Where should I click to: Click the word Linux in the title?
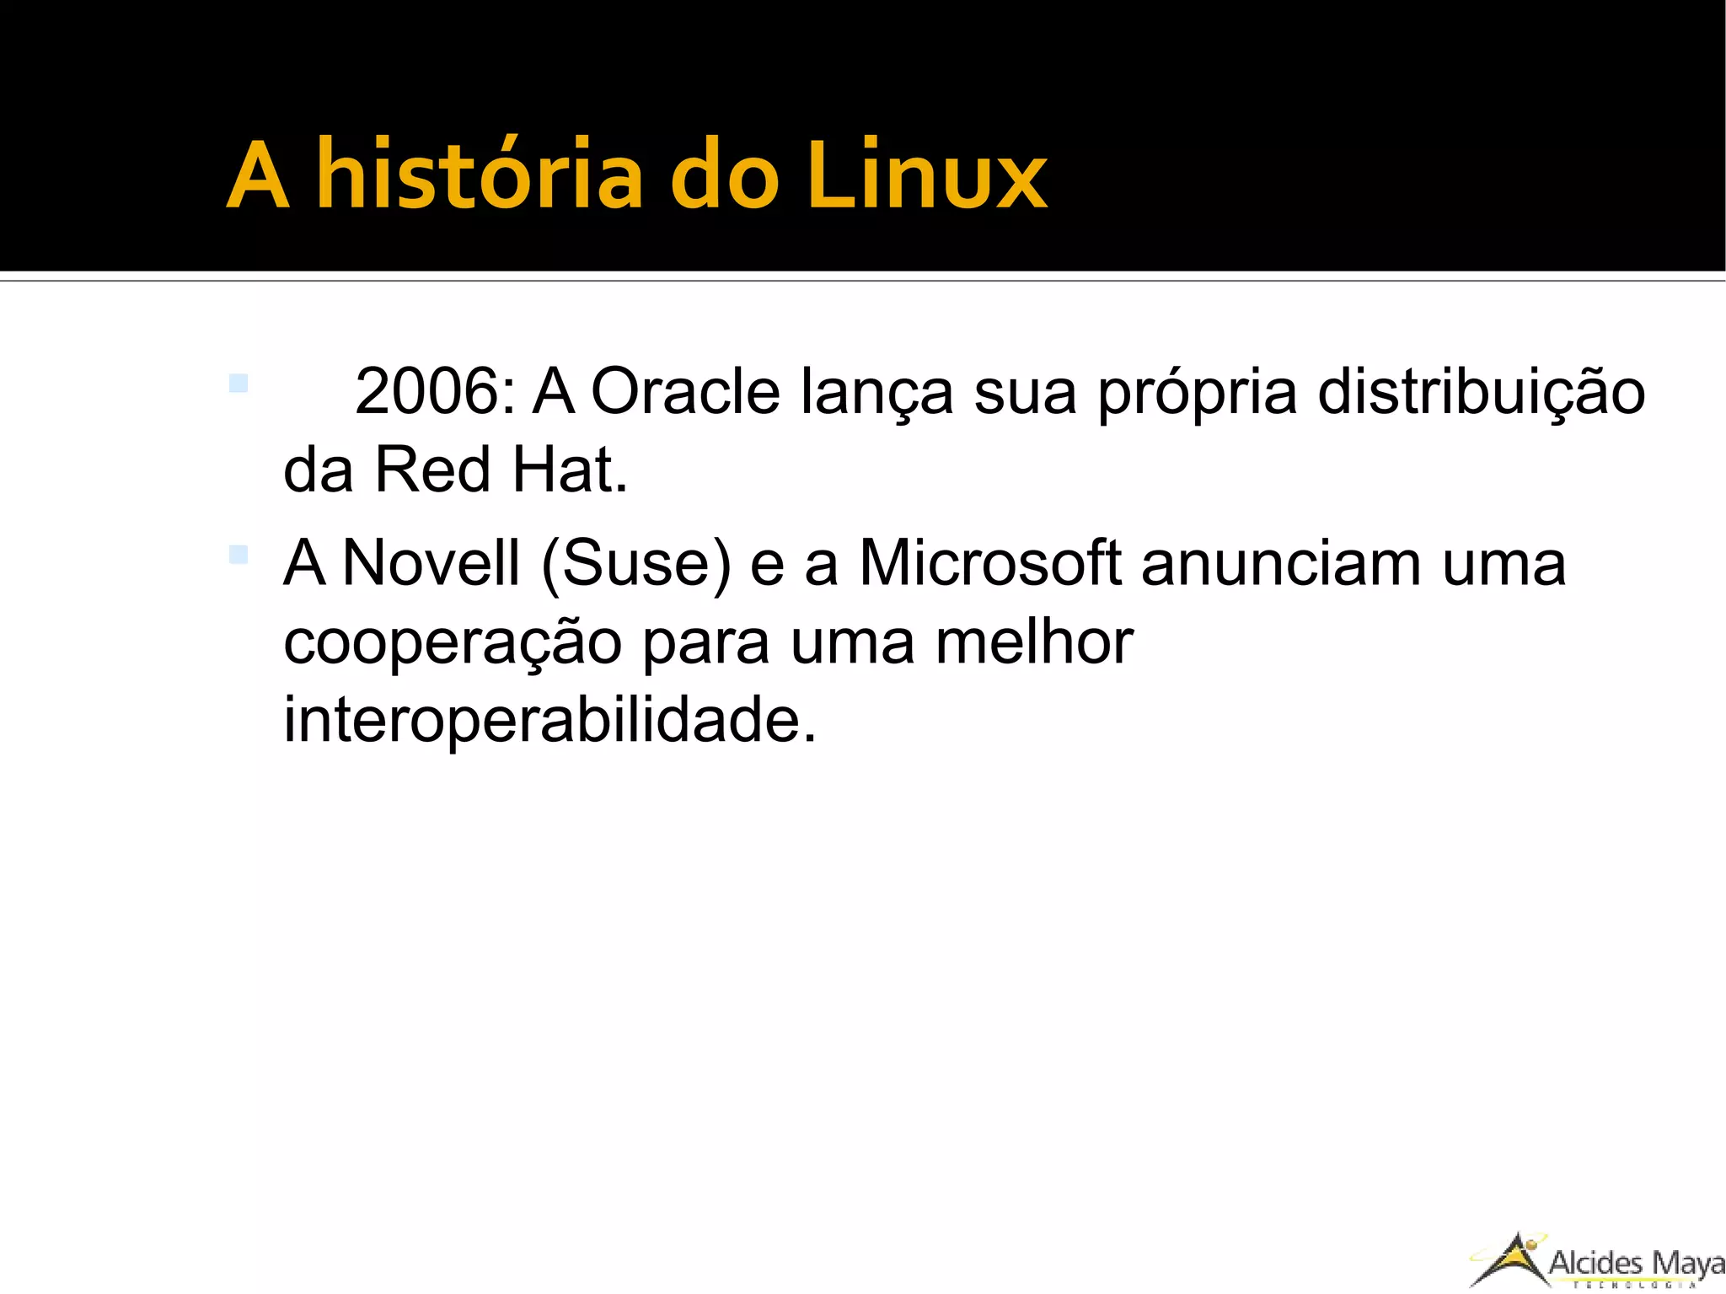pos(926,175)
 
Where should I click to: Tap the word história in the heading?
pos(480,175)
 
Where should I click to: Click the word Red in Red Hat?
pos(431,470)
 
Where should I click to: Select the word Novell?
pos(431,563)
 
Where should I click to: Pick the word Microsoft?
pos(990,563)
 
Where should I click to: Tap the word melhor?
pos(1034,642)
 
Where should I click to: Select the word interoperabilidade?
pos(549,721)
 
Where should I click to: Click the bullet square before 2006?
pos(239,384)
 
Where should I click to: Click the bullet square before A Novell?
pos(239,555)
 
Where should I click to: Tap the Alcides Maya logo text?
pos(1636,1264)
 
